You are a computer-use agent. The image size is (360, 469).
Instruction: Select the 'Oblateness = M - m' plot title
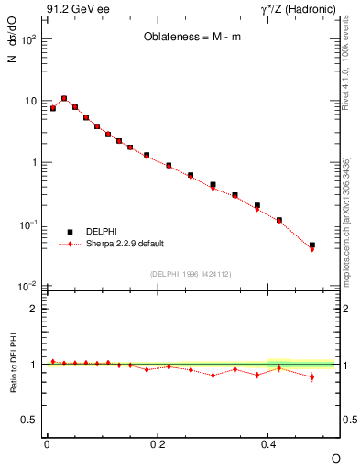(x=191, y=38)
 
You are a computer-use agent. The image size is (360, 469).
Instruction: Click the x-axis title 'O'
(x=335, y=457)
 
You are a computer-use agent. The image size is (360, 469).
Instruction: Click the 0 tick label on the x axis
(x=47, y=443)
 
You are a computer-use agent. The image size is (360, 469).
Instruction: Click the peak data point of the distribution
(x=64, y=98)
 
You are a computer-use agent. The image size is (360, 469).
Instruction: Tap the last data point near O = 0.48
(x=312, y=246)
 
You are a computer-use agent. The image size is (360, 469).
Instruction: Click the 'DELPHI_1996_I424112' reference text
(x=190, y=274)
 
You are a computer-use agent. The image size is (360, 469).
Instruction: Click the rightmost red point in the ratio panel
(x=312, y=376)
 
